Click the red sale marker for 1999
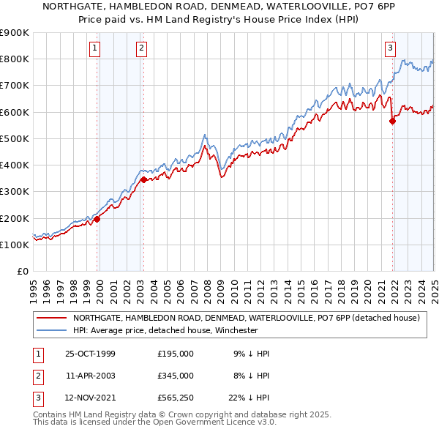point(97,219)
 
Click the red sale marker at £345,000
point(143,179)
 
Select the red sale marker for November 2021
point(392,122)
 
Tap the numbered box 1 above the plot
point(96,49)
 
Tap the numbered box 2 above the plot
point(141,49)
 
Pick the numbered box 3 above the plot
point(391,49)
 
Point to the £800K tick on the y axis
point(15,59)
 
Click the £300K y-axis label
point(15,192)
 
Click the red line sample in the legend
point(50,318)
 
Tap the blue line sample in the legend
point(50,330)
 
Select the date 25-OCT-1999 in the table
point(90,354)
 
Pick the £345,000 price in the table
point(176,375)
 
